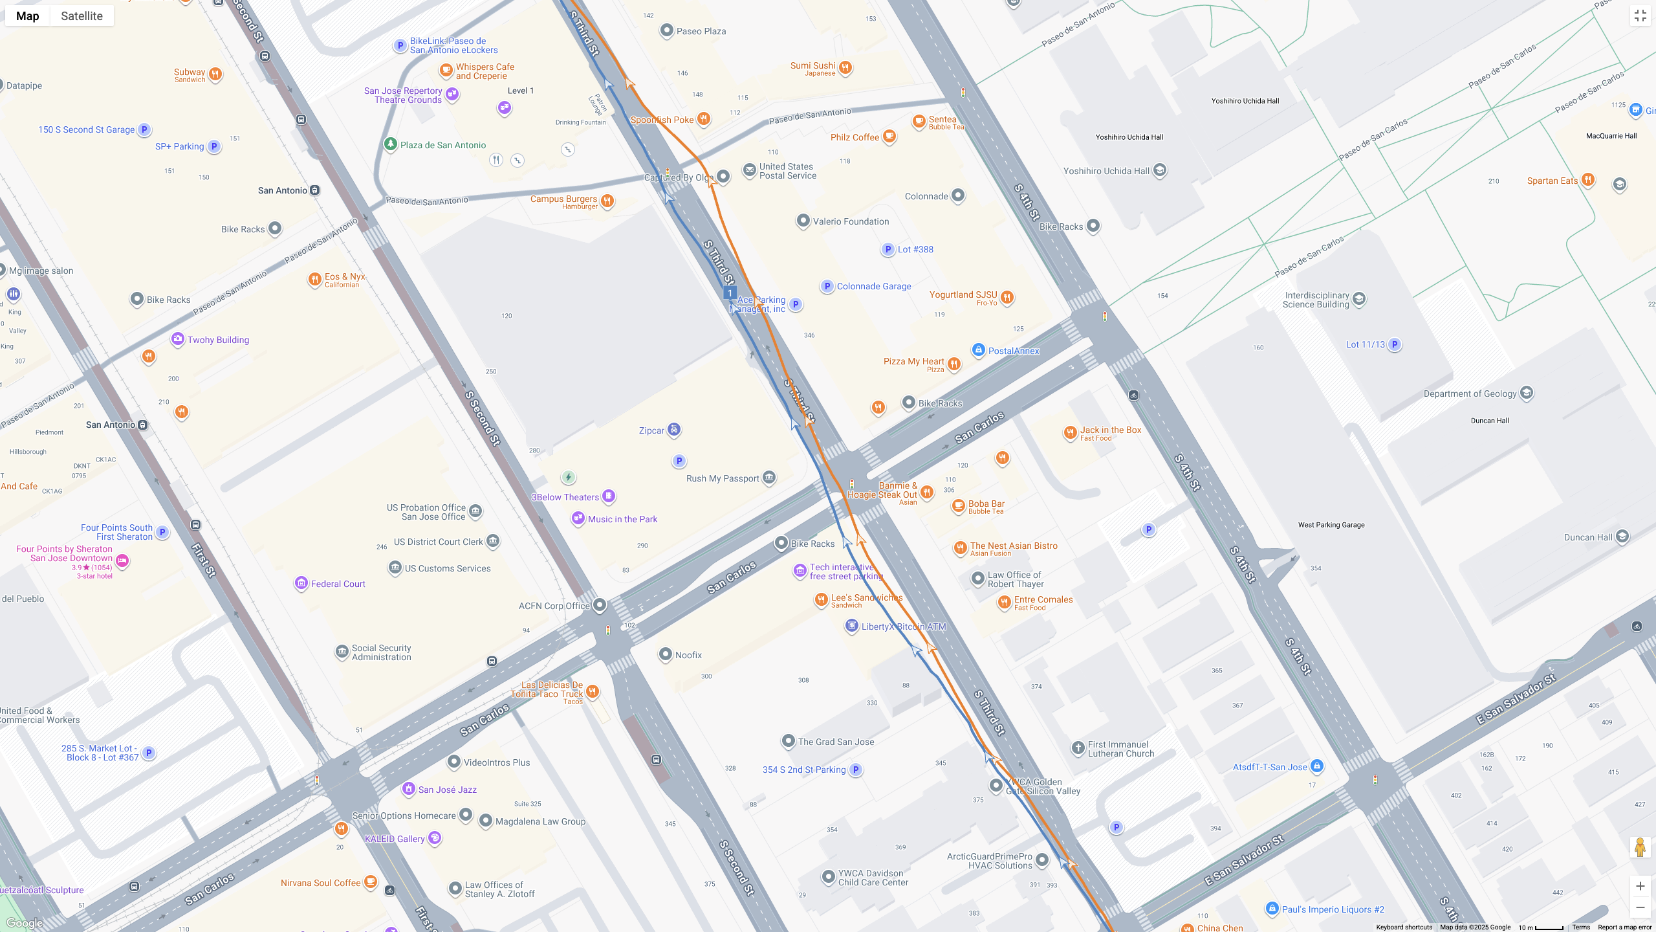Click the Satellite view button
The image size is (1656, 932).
click(82, 16)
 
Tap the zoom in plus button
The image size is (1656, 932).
click(1640, 886)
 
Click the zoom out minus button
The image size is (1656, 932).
click(1640, 907)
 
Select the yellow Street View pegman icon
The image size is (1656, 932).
click(1640, 847)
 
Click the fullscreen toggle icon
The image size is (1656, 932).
click(1640, 16)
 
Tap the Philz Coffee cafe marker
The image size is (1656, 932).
click(889, 136)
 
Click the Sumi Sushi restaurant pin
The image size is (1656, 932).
click(845, 67)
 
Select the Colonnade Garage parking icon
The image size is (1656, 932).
click(827, 286)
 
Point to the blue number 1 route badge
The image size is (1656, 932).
click(730, 293)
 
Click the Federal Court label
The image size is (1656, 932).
click(338, 584)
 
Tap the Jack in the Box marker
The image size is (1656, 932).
click(1070, 432)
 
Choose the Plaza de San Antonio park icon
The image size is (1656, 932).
click(390, 144)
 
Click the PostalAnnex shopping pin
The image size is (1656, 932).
click(978, 350)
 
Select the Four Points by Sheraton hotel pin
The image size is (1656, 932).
click(122, 560)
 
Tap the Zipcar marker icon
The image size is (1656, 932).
click(674, 430)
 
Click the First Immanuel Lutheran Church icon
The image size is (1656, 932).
click(1078, 748)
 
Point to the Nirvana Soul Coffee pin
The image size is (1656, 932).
click(370, 882)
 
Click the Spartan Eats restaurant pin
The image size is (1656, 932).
click(1587, 179)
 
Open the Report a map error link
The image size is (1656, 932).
click(1624, 927)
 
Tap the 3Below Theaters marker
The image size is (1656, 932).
click(609, 496)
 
